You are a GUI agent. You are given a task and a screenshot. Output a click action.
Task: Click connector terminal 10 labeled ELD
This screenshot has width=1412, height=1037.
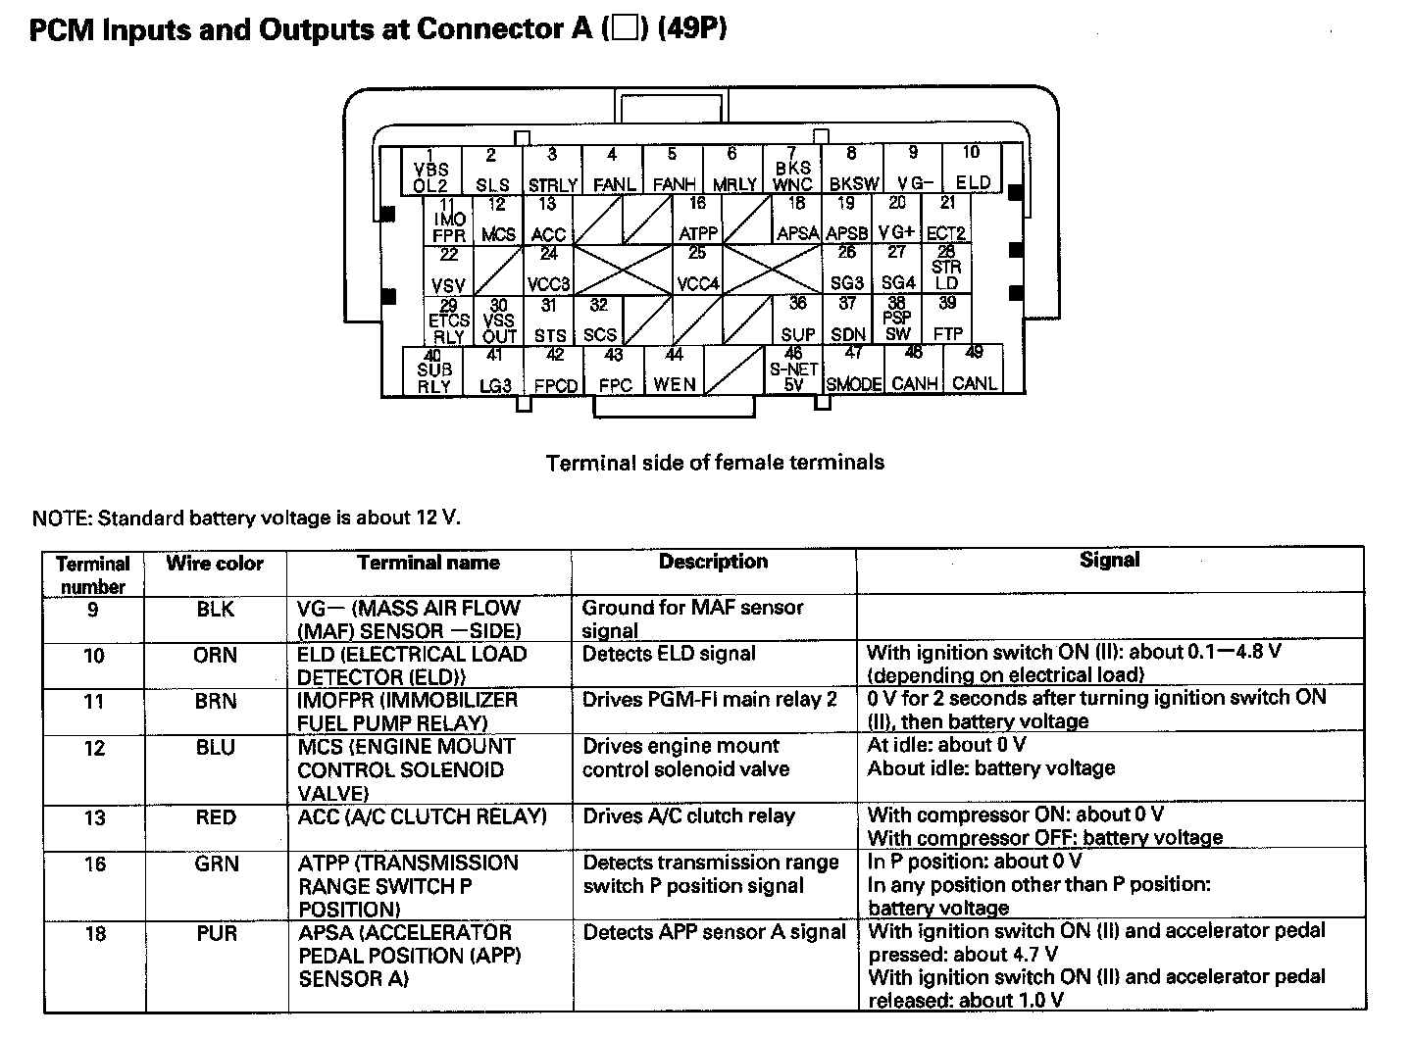coord(972,169)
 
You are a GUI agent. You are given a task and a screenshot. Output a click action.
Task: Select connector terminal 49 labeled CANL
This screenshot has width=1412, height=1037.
coord(974,370)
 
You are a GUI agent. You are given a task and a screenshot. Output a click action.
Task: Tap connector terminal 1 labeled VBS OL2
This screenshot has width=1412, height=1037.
coord(430,171)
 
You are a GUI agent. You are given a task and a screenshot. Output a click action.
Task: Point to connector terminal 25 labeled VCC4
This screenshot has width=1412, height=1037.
coord(697,270)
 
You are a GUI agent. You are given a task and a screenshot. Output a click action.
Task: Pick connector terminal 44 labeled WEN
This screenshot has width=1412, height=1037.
coord(674,370)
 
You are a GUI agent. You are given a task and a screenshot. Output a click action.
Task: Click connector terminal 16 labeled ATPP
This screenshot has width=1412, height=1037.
coord(697,220)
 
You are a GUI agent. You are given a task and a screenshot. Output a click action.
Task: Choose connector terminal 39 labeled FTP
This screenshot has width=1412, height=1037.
coord(947,320)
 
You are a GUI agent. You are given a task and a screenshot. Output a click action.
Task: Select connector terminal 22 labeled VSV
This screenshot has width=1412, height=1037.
coord(448,271)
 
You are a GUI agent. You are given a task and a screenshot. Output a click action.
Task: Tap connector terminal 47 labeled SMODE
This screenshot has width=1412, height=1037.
coord(853,370)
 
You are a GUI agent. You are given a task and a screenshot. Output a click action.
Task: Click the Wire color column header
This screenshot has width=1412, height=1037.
coord(215,564)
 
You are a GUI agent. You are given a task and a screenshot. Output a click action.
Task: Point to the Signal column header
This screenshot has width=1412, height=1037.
coord(1109,560)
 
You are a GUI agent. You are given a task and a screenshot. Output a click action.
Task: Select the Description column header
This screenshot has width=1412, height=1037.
coord(713,562)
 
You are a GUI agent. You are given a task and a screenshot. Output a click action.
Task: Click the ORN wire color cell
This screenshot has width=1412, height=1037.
coord(215,655)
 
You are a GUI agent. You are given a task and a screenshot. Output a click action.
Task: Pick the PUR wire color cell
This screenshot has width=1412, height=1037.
coord(215,933)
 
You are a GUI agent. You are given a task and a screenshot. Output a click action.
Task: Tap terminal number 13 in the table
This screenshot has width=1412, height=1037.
coord(94,817)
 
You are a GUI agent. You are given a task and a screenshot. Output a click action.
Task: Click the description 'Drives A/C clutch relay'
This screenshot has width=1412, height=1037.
coord(688,816)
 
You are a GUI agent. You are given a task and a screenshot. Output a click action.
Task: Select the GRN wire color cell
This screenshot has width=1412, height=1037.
coord(215,864)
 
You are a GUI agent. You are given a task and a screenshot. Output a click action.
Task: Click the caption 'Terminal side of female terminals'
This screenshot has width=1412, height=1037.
coord(715,463)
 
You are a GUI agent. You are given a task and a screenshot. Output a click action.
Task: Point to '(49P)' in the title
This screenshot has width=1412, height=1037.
coord(692,30)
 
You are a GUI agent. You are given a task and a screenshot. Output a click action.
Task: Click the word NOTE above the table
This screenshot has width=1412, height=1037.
coord(61,518)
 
